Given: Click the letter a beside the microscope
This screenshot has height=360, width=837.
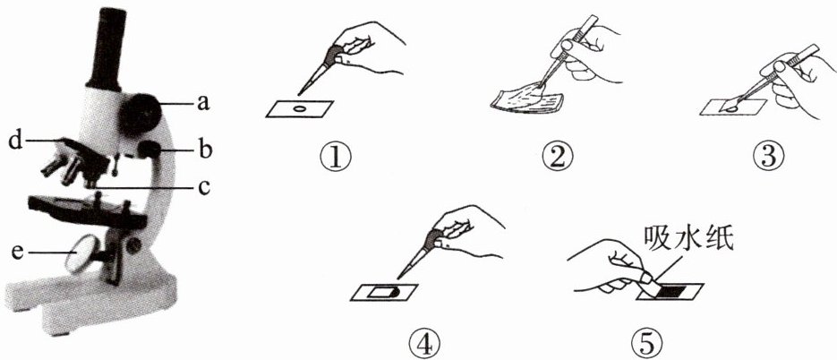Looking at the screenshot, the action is pos(202,103).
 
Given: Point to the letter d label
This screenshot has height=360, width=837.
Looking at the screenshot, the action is pos(15,141).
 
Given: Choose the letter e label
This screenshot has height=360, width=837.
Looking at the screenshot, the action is pos(18,252).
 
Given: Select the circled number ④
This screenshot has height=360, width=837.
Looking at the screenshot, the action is pos(424,345).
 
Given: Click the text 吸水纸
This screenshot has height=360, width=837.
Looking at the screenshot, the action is pos(688,236).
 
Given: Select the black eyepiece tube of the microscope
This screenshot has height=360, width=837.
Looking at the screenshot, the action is pos(107,48).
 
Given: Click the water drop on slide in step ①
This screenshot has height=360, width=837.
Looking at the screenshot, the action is pos(300,109).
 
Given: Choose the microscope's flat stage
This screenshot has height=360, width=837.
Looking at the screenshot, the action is pos(88,210).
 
